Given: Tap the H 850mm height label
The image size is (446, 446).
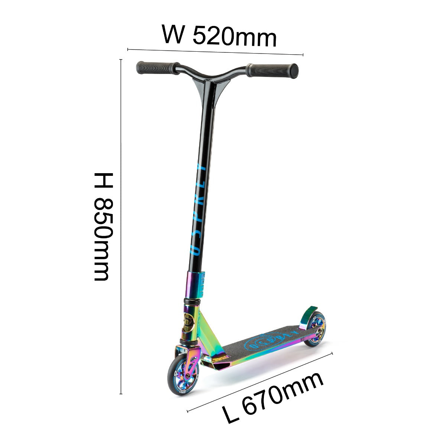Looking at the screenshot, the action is click(x=103, y=227).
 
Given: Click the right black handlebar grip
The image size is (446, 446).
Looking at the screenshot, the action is click(x=272, y=70).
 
